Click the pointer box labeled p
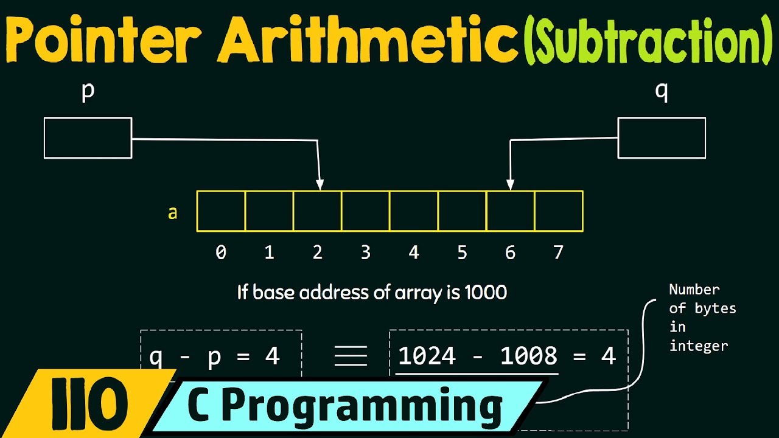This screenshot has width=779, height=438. pos(88,138)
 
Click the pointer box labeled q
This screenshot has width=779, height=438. pos(662,138)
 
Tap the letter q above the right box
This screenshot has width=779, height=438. pos(662,92)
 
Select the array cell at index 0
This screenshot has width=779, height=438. pos(221,211)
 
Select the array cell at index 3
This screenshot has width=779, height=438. pos(365,211)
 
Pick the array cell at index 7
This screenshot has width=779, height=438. pos(559,211)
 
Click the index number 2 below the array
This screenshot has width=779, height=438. pos(317,252)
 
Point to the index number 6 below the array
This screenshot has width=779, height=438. pos(510,252)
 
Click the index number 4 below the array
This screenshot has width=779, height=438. pos(414,252)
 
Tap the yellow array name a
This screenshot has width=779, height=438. pos(173,213)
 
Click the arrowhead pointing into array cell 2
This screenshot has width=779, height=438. pos(320,184)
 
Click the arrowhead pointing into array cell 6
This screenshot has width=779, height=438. pos(511,184)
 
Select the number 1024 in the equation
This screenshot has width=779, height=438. pos(427,356)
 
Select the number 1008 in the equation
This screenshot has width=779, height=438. pos(528,356)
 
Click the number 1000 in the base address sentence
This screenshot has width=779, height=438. pos(485,293)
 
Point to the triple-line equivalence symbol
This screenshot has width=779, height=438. pos(351,356)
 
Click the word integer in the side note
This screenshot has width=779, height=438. pos(698,346)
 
